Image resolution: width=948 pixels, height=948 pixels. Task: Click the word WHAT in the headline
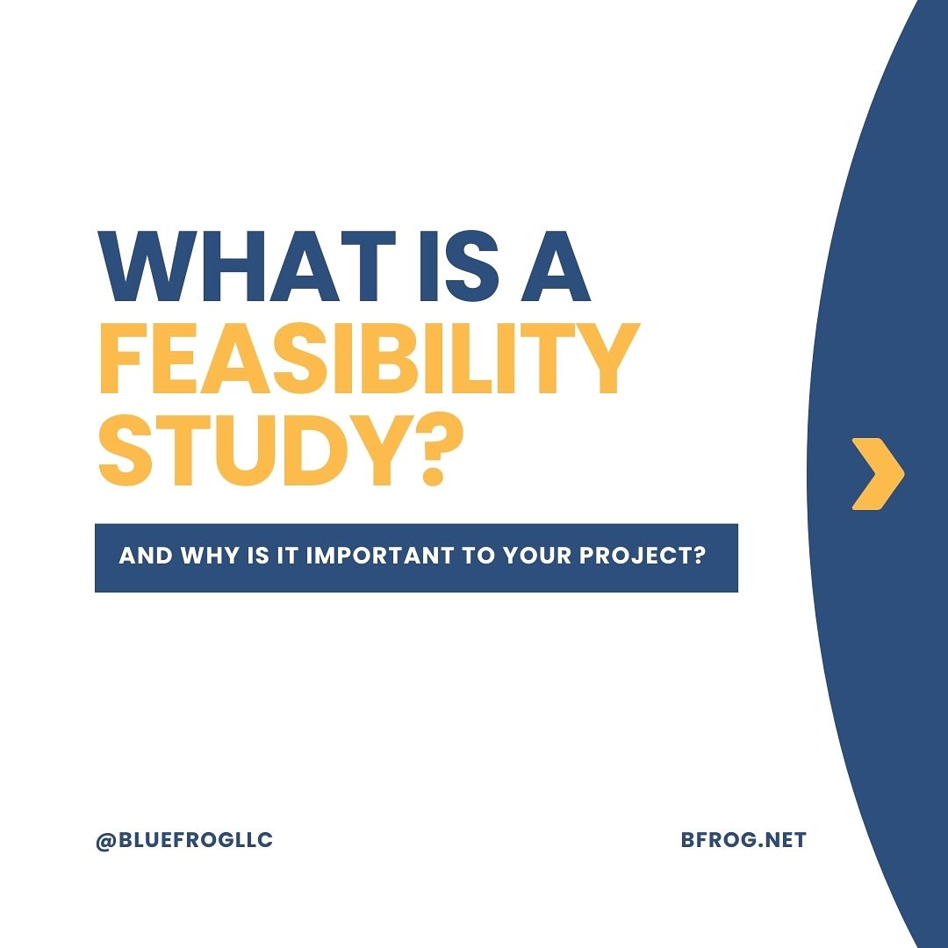[247, 266]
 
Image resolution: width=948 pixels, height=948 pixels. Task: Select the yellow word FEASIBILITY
[369, 358]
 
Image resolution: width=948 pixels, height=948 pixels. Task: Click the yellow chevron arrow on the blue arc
[878, 474]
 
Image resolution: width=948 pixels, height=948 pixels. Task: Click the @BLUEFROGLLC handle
[184, 840]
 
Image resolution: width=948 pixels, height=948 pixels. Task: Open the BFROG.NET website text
[743, 840]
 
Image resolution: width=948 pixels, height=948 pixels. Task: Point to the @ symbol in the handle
[106, 841]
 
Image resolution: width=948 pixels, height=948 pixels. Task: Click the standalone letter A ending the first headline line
[557, 266]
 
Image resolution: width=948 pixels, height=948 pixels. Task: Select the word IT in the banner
[288, 556]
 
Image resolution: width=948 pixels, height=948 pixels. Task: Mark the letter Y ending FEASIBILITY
[606, 358]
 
